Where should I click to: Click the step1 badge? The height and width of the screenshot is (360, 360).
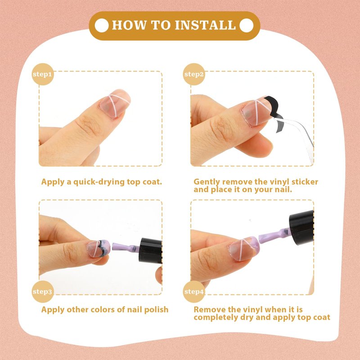point(42,74)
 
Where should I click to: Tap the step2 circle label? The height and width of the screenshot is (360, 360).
point(194,74)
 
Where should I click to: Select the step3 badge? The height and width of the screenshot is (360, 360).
point(42,292)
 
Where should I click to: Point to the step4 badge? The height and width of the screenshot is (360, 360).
point(194,292)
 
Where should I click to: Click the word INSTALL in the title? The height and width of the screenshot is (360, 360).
point(205,25)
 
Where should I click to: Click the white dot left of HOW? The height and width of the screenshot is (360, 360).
point(102,25)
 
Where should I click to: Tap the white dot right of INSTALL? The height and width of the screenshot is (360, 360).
point(246,25)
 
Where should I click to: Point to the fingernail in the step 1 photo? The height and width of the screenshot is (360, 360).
point(115,103)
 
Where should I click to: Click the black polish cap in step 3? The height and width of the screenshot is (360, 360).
point(150,251)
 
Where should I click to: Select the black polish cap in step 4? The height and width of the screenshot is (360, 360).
point(301,228)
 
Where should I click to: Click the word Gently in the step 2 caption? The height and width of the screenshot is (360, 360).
point(207,182)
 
